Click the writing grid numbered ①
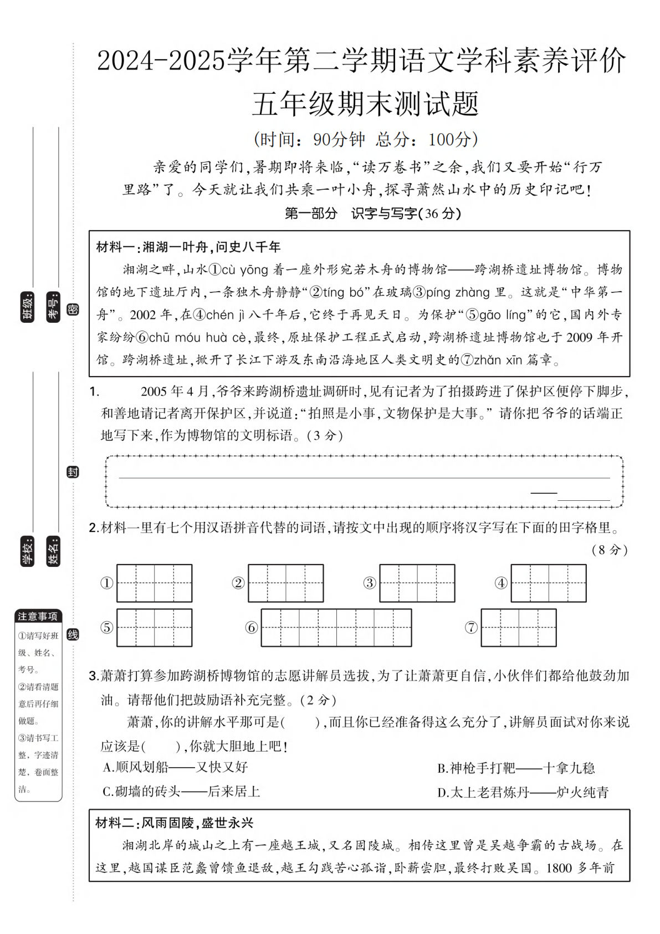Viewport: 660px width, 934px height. click(x=154, y=583)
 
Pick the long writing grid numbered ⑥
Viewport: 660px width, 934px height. click(x=336, y=627)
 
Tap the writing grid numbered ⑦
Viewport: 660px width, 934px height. click(x=518, y=627)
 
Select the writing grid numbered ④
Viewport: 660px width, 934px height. click(x=548, y=583)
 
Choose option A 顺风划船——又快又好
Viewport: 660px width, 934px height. click(x=175, y=767)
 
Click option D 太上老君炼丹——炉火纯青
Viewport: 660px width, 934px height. click(x=523, y=793)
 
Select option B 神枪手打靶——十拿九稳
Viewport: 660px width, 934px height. click(x=515, y=768)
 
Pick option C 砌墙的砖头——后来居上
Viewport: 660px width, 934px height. click(x=181, y=791)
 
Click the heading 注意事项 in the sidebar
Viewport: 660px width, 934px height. click(x=38, y=616)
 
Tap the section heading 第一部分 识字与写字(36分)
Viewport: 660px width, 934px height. click(x=372, y=214)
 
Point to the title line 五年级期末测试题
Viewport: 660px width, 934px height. click(x=365, y=104)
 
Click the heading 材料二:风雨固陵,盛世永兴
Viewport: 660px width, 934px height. click(x=174, y=823)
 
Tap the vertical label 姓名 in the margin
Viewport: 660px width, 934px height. click(x=53, y=551)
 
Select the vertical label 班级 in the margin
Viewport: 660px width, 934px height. click(x=27, y=307)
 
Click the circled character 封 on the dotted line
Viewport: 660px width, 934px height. click(x=73, y=472)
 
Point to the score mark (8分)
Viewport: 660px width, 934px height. click(x=610, y=550)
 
